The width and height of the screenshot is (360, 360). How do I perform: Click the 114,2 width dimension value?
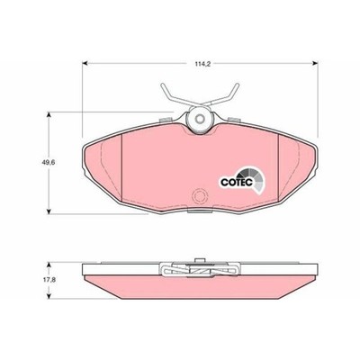[x=199, y=64]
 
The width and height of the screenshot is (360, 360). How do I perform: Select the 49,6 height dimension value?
[x=48, y=163]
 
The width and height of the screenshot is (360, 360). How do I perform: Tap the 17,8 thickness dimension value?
[x=48, y=280]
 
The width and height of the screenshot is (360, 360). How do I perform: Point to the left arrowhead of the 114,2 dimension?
[x=85, y=63]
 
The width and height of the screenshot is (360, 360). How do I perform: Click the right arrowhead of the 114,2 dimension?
[x=315, y=63]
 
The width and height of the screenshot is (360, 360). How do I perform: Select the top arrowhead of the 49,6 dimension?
[x=49, y=114]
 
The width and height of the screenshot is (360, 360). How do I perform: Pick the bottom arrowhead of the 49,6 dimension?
[x=49, y=211]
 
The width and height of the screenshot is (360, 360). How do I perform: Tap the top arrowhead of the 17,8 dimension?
[x=49, y=265]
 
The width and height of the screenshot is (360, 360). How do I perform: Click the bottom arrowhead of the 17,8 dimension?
[x=49, y=296]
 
